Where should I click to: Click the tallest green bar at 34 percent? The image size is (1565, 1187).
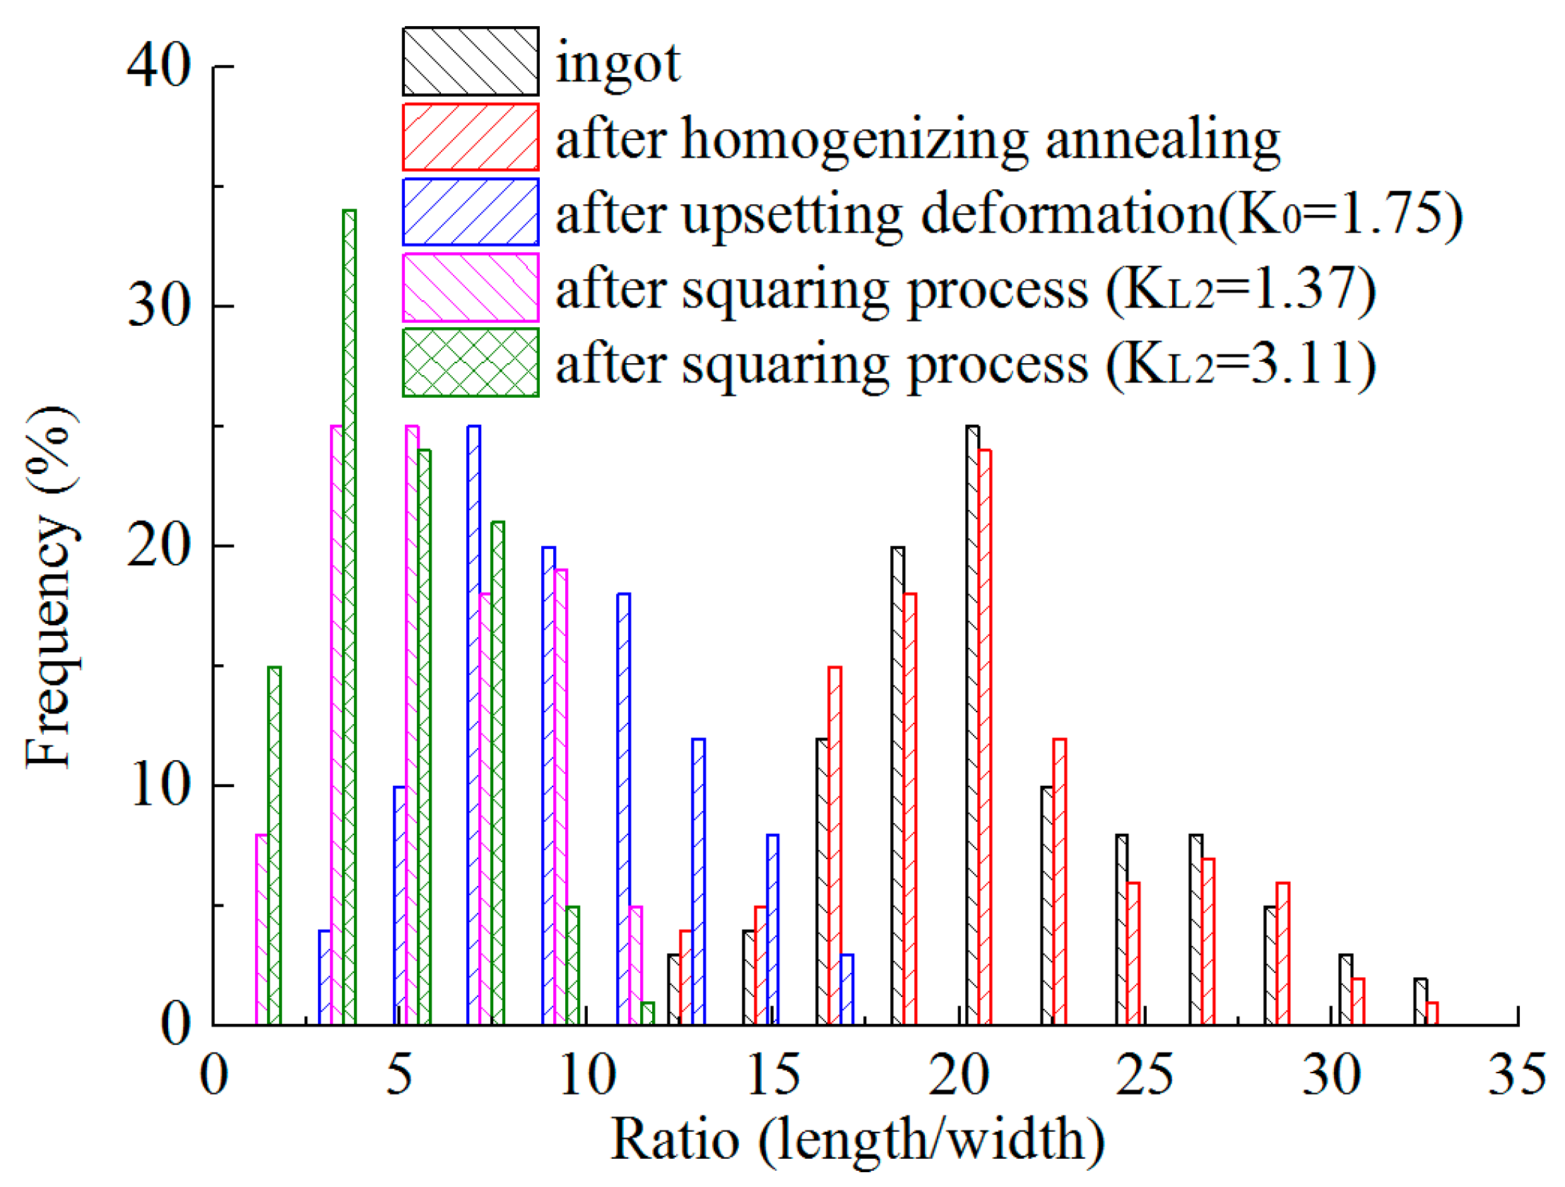pos(349,615)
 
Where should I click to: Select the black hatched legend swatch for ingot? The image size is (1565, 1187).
pos(471,61)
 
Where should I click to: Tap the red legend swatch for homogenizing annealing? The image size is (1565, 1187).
pos(471,137)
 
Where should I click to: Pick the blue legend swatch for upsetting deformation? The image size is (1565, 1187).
pos(471,212)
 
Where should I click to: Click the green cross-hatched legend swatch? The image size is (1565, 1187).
pos(471,362)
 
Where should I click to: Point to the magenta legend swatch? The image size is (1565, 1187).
pos(471,288)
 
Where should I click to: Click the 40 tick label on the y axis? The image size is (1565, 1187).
pos(158,65)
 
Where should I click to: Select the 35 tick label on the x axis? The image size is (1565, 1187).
pos(1517,1075)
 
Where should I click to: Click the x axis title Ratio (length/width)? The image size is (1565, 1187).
pos(858,1140)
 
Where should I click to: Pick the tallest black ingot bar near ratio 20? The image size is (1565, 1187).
pos(972,725)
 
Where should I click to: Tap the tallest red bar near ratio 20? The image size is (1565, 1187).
pos(984,737)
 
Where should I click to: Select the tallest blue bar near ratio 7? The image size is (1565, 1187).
pos(473,725)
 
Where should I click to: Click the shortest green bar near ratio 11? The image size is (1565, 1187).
pos(646,1014)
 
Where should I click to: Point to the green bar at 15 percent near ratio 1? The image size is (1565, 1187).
pos(275,845)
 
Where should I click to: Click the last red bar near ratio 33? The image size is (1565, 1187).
pos(1432,1014)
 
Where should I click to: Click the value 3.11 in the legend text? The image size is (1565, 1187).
pos(1301,364)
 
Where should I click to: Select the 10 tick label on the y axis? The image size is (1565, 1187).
pos(160,786)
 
